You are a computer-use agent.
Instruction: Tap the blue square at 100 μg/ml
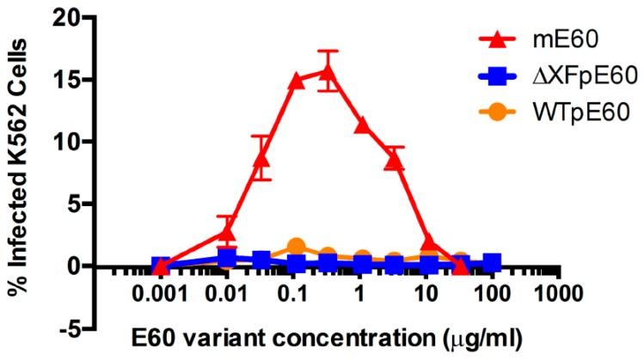point(492,262)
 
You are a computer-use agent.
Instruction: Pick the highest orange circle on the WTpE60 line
point(297,247)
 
